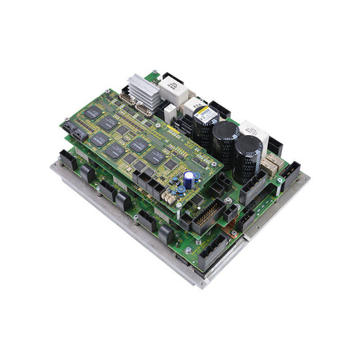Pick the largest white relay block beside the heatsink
tap(172, 89)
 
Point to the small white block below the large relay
tap(169, 111)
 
